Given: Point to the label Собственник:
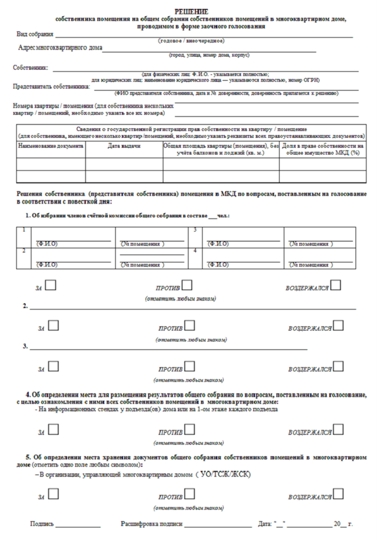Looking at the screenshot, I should tap(31, 67).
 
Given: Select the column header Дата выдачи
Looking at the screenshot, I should tap(124, 146).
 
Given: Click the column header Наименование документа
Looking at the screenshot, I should tap(51, 146).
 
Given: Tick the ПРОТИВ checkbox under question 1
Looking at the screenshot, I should tap(187, 287).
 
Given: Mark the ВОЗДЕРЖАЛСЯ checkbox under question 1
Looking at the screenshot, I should tap(337, 287).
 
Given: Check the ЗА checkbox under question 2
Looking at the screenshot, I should tap(53, 326).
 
